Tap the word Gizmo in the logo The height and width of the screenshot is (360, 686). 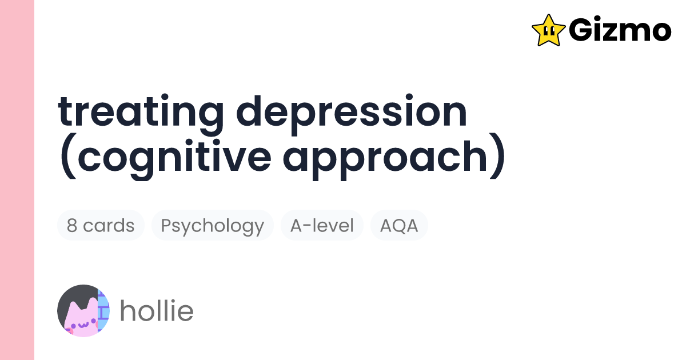620,30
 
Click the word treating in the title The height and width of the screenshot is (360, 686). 141,113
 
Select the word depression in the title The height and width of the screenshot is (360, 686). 352,113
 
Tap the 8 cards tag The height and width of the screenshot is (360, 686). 101,225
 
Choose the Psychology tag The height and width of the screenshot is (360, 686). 212,225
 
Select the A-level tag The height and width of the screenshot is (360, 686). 322,225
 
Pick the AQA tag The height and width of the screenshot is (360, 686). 399,225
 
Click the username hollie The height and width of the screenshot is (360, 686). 156,311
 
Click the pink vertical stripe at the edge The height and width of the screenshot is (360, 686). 17,180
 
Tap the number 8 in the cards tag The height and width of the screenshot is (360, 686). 72,225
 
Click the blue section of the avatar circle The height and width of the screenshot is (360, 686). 103,311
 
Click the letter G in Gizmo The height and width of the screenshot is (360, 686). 581,30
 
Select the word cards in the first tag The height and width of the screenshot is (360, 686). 109,225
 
